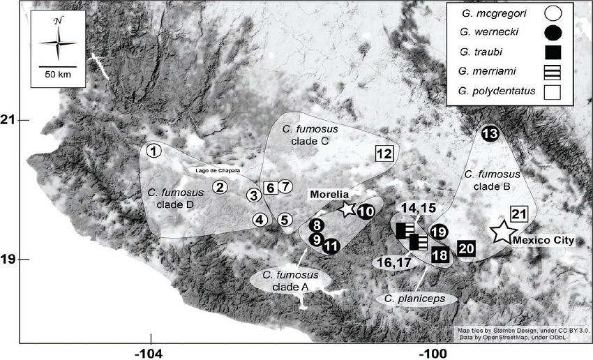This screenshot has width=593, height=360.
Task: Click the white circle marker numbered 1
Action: tap(154, 151)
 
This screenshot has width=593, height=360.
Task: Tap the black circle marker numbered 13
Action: tap(490, 134)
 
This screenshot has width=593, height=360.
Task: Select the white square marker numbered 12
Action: tap(384, 153)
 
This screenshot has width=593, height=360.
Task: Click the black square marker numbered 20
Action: tap(467, 248)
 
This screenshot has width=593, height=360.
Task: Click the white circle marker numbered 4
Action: tap(260, 220)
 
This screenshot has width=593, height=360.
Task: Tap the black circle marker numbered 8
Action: tap(317, 225)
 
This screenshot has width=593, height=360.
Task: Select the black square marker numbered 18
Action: tap(440, 255)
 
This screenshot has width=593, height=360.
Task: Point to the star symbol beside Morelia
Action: tap(347, 208)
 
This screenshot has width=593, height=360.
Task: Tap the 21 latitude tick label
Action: tap(8, 120)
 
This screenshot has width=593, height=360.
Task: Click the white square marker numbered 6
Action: tap(270, 187)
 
